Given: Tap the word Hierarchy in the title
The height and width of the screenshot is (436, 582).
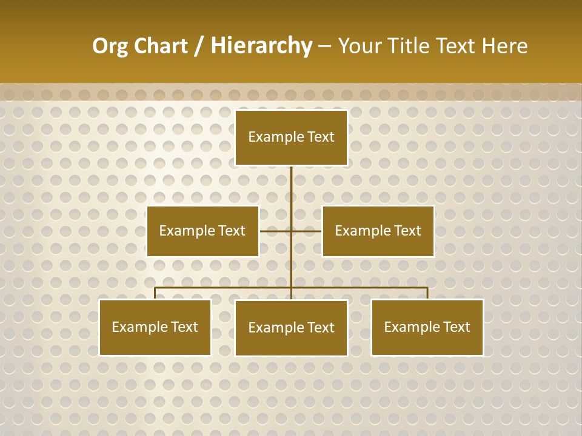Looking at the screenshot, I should tap(261, 46).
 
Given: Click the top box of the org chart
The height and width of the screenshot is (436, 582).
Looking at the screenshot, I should tap(291, 137).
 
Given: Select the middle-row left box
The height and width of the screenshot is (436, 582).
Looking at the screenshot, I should tap(202, 231).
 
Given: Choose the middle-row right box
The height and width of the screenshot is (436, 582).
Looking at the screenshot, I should tap(378, 231).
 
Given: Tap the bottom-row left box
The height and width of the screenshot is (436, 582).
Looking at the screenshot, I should tap(155, 328).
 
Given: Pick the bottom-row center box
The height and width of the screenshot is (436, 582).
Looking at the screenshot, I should tap(291, 328).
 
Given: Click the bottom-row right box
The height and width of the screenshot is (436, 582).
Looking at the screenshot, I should tap(427, 328).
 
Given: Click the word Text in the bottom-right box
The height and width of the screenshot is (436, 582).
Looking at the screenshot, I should tap(457, 328).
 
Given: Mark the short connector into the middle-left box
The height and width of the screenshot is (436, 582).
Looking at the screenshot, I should tap(275, 231).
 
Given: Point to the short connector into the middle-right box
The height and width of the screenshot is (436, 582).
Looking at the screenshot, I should tap(307, 231).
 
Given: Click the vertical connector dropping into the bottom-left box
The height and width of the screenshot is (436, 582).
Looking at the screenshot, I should tap(155, 293).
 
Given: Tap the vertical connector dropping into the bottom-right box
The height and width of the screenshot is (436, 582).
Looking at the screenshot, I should tap(427, 293).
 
